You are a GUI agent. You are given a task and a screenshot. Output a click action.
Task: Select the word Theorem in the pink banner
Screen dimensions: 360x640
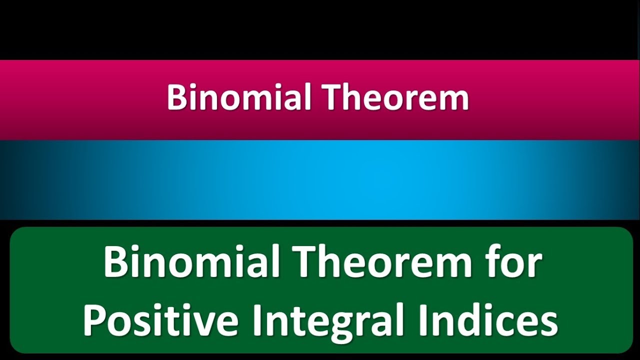tap(397, 97)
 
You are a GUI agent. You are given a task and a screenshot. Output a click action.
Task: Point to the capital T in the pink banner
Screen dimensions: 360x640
tap(334, 97)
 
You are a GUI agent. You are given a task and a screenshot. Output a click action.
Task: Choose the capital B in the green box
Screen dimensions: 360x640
tap(114, 263)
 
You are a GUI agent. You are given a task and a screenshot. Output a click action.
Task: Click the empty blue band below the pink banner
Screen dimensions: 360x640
tap(320, 180)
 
